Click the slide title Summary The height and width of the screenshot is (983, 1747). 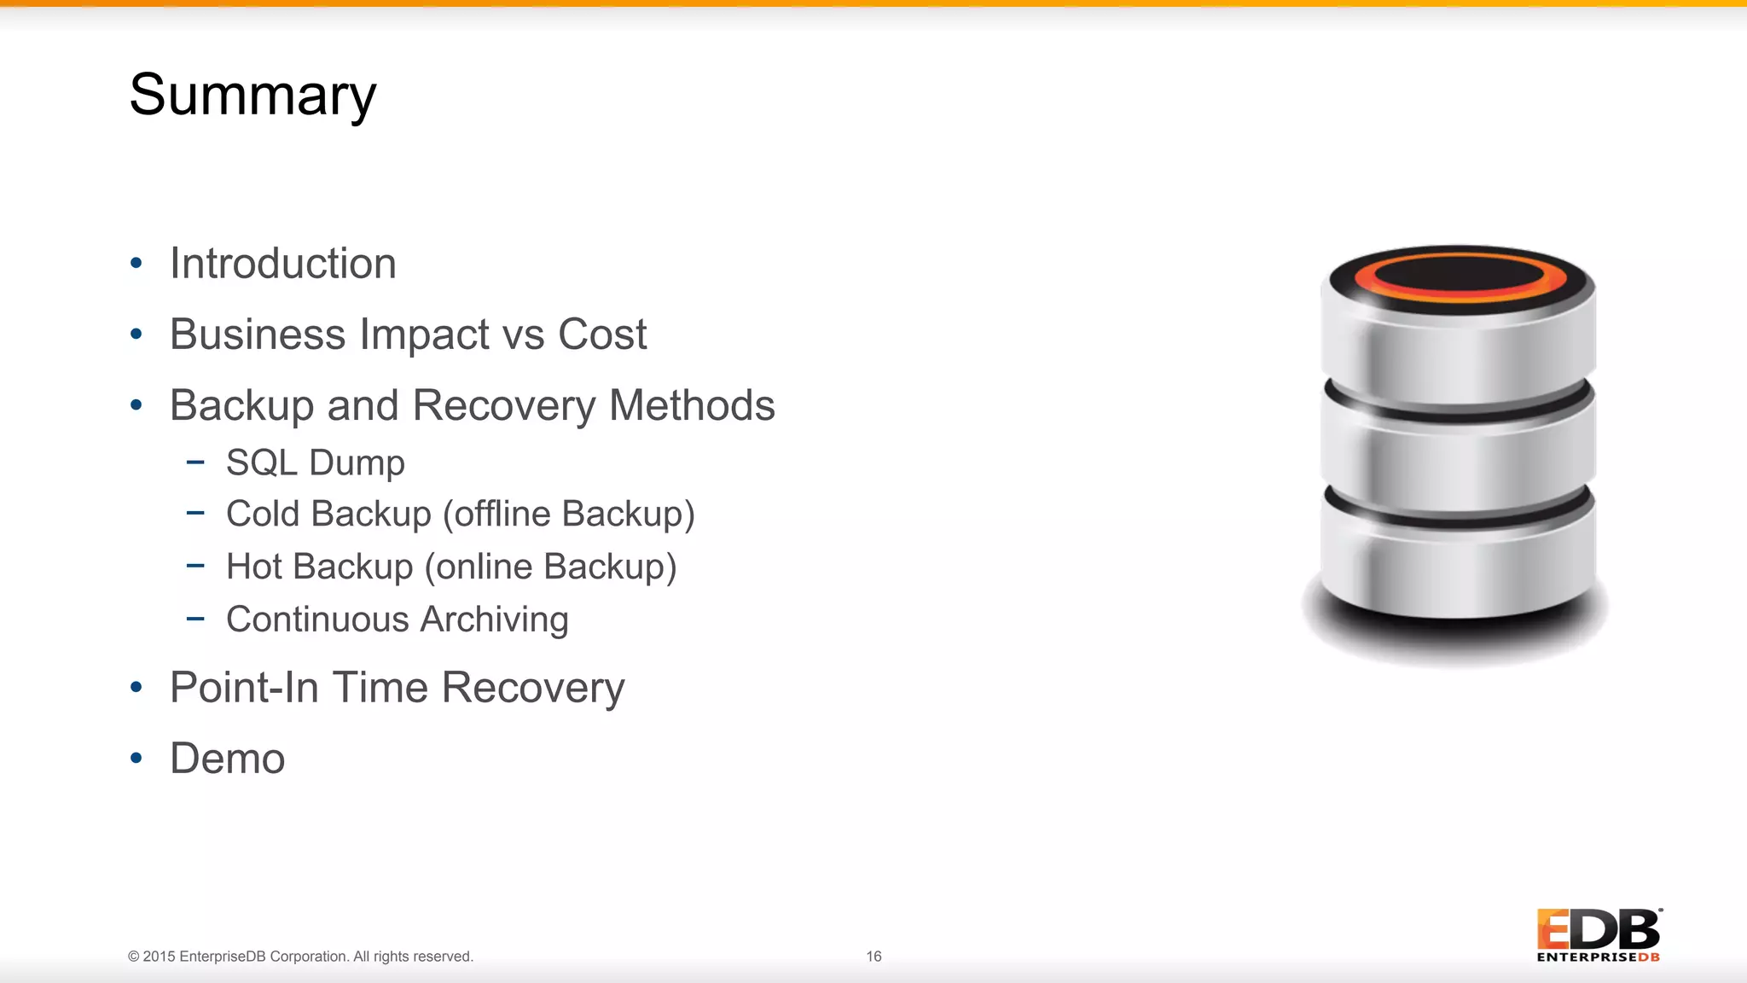[252, 95]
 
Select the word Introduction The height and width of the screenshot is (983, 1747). [282, 263]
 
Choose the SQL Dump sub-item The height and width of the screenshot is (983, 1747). [315, 462]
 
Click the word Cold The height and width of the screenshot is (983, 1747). [262, 514]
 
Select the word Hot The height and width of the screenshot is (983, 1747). [253, 567]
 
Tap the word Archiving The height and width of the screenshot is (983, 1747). [494, 619]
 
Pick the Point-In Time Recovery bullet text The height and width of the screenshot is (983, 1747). [397, 688]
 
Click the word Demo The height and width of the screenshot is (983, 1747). [227, 758]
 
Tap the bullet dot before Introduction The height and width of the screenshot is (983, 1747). [136, 263]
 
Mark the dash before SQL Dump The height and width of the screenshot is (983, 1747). [195, 462]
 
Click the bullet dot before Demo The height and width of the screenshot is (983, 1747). [136, 758]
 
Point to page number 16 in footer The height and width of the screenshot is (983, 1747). [873, 957]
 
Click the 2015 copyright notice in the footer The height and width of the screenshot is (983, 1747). [300, 957]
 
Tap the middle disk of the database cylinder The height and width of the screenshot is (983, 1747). [1457, 461]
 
